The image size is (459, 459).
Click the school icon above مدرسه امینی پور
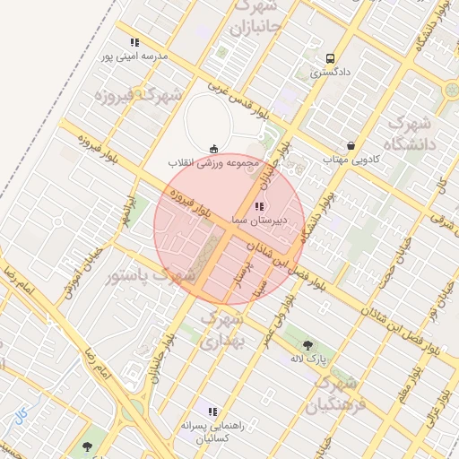click(x=134, y=42)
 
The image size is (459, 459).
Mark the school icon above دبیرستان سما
click(x=259, y=207)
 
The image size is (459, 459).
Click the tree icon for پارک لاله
click(x=308, y=345)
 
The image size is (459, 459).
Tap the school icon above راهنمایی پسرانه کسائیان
click(x=212, y=411)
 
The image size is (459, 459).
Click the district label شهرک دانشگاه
click(x=408, y=133)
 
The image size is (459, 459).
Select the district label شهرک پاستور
click(x=151, y=275)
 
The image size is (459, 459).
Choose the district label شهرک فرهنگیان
click(x=336, y=394)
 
